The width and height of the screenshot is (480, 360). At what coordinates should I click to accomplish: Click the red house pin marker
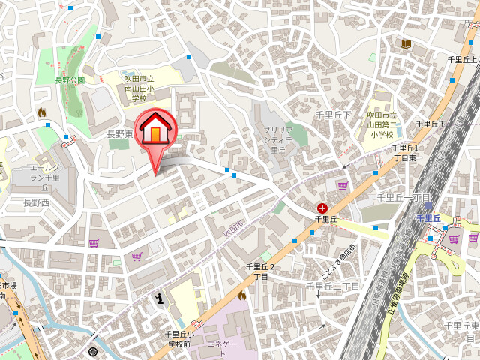point(155,132)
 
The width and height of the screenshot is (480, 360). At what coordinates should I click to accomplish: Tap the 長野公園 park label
point(70,79)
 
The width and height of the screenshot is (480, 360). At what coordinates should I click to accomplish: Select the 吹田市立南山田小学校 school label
point(139,88)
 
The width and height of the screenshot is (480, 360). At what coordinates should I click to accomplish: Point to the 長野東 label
point(120,134)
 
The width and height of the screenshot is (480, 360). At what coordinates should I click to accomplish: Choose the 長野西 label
point(36,202)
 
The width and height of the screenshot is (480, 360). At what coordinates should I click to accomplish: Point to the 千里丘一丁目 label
point(403,198)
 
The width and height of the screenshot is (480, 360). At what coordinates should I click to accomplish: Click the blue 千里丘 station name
point(428,218)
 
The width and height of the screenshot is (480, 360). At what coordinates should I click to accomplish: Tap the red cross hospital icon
point(322,207)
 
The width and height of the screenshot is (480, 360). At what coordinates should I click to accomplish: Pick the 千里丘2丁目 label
point(260,271)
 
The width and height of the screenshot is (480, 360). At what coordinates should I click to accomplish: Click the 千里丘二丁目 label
point(333,286)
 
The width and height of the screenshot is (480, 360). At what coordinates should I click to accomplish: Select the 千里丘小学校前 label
point(179,338)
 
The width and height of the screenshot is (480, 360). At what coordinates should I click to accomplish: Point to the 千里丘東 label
point(460,325)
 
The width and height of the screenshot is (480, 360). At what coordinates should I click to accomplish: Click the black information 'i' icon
point(159,298)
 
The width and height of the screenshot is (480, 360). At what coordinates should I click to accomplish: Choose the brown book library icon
point(406,45)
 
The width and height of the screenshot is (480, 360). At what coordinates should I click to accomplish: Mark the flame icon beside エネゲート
point(241,296)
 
